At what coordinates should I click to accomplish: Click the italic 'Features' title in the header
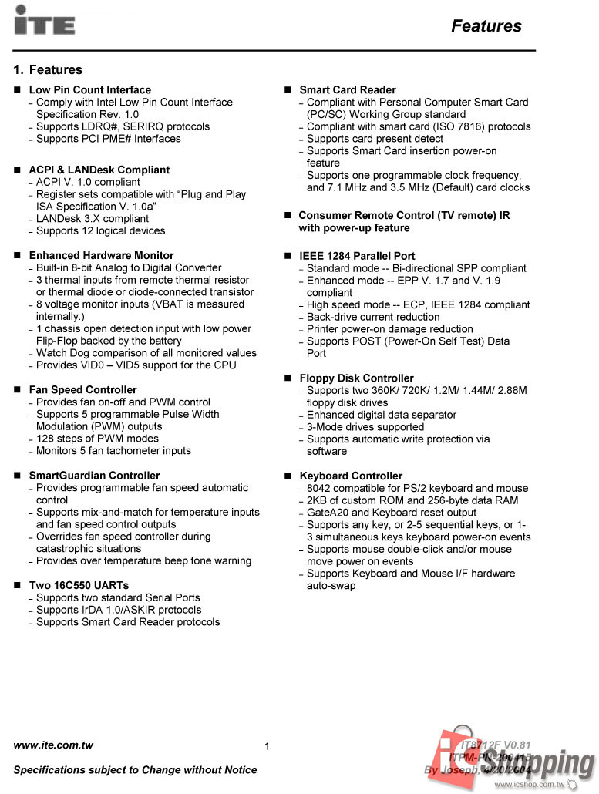point(486,26)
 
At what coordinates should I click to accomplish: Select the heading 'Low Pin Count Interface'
point(90,90)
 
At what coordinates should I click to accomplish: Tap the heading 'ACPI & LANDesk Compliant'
point(99,170)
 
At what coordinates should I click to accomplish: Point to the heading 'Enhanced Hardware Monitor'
point(101,256)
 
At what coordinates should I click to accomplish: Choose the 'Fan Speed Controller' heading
point(82,390)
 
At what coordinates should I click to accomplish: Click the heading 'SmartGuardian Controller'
point(94,476)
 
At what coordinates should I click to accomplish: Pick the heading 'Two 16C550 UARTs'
point(79,586)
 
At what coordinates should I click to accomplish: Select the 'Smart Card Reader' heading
point(348,90)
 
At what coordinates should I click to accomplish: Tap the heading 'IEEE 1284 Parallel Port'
point(357,256)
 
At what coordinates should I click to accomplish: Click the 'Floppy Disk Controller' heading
point(356,378)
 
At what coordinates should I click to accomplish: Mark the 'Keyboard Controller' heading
point(351,476)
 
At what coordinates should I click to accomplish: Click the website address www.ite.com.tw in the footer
point(53,745)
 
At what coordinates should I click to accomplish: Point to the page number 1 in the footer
point(267,746)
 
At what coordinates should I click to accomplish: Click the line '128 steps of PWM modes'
point(97,439)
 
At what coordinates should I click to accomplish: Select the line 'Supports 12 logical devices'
point(100,231)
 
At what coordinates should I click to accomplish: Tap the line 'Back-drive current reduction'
point(373,317)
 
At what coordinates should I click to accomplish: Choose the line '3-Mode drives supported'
point(365,427)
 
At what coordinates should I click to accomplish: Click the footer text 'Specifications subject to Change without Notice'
point(136,770)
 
